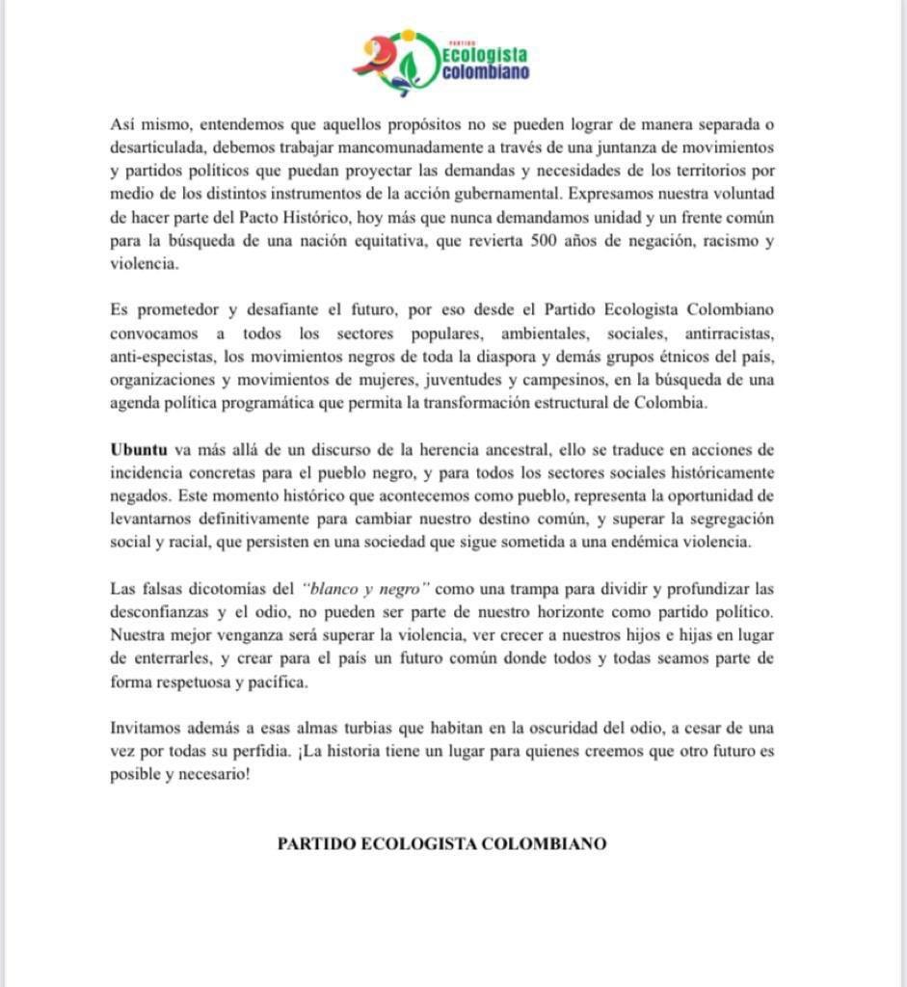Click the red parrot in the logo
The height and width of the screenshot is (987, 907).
[x=371, y=60]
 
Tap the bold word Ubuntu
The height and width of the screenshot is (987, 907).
[x=137, y=449]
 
